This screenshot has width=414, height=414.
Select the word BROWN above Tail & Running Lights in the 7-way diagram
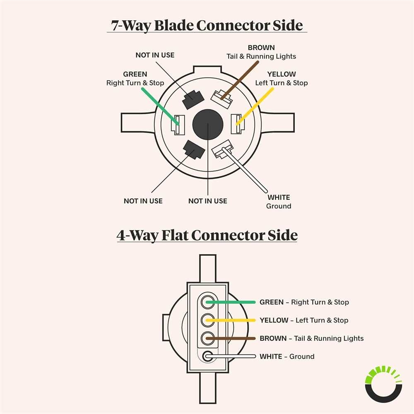click(x=261, y=48)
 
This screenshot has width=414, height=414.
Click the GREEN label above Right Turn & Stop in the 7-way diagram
click(x=135, y=74)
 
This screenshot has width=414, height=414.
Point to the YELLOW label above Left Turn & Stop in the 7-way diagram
click(x=282, y=74)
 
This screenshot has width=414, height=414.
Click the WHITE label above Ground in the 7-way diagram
click(x=279, y=197)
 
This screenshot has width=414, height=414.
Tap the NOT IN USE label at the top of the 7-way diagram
click(x=155, y=55)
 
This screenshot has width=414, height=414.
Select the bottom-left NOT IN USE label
click(x=143, y=201)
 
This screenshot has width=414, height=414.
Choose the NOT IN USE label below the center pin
click(x=207, y=201)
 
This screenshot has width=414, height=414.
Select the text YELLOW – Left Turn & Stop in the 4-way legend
click(x=304, y=320)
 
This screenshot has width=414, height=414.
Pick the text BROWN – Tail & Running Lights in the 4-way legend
click(x=311, y=338)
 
